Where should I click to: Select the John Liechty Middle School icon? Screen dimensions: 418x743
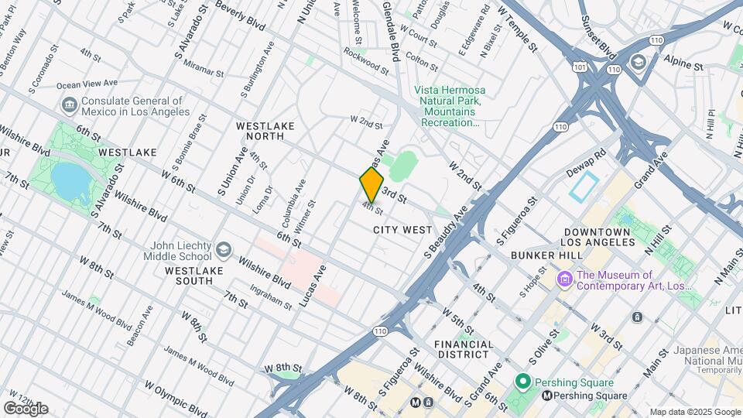[224, 249]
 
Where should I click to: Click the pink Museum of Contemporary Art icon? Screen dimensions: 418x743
[564, 279]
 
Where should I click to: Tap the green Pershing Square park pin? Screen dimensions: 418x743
[522, 382]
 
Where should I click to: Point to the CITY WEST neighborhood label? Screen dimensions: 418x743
[402, 230]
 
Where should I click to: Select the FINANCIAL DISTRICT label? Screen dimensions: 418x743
[464, 349]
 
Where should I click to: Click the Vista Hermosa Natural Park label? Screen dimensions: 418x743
[448, 106]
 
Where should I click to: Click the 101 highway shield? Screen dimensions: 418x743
[580, 68]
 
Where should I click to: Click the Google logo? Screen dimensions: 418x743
[26, 408]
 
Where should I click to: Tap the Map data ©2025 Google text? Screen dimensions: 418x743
[694, 412]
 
